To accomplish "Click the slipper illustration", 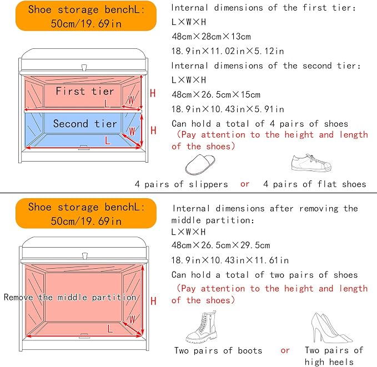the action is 200,164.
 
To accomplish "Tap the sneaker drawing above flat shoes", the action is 311,163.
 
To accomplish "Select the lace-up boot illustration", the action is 202,327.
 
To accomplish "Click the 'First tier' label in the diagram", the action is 84,91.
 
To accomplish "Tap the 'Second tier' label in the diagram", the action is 85,124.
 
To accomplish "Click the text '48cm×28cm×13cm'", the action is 211,37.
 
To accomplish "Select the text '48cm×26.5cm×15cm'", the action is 216,94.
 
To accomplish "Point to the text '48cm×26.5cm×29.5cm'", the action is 221,245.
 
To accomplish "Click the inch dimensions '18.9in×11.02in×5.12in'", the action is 228,51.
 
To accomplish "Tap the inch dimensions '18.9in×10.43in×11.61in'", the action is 230,260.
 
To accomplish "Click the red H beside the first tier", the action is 153,93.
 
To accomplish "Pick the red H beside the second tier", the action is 153,130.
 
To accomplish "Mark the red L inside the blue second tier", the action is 108,140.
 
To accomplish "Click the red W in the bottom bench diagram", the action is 132,319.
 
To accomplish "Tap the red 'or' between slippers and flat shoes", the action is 245,184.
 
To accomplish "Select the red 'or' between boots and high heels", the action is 285,351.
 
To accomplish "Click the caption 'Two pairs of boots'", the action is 218,350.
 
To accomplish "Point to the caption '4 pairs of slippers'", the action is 182,184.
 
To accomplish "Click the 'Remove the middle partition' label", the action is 70,298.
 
